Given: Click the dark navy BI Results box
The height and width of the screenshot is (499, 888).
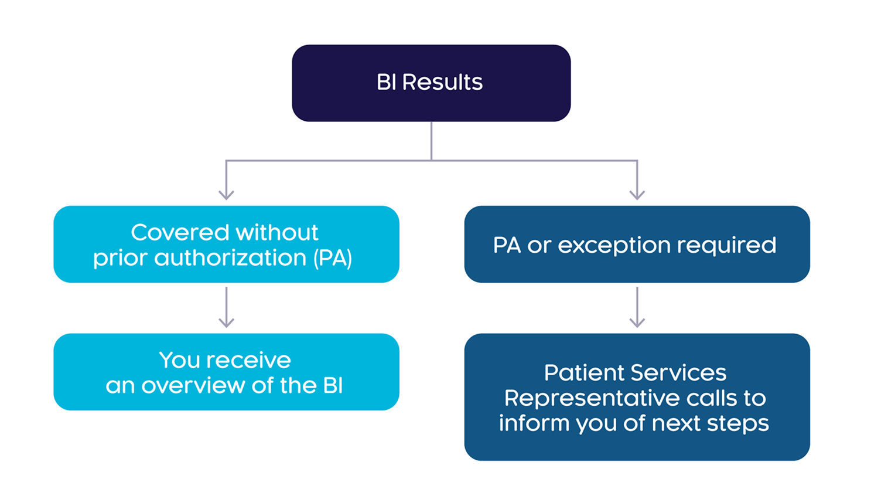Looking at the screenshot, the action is point(431,83).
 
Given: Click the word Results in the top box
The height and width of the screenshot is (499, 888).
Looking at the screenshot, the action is point(442,82).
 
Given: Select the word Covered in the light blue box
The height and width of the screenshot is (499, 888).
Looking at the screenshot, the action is point(180,232).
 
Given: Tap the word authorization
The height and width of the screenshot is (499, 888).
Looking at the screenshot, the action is point(230,259).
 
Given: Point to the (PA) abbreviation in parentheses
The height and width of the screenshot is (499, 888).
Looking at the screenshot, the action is point(333,259).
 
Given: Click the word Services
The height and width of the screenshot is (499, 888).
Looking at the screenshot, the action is point(678,373).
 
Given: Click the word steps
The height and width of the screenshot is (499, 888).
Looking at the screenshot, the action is point(737,425).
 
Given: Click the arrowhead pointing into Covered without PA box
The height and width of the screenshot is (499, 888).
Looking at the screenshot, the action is point(226,195).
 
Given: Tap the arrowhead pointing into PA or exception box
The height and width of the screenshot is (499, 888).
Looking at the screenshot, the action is point(637,195).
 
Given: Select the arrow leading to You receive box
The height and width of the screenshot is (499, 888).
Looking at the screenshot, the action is point(226,307).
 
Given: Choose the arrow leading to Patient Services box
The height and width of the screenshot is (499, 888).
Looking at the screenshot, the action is point(637,307).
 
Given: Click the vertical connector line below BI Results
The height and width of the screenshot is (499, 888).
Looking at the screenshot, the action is point(431,141).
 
